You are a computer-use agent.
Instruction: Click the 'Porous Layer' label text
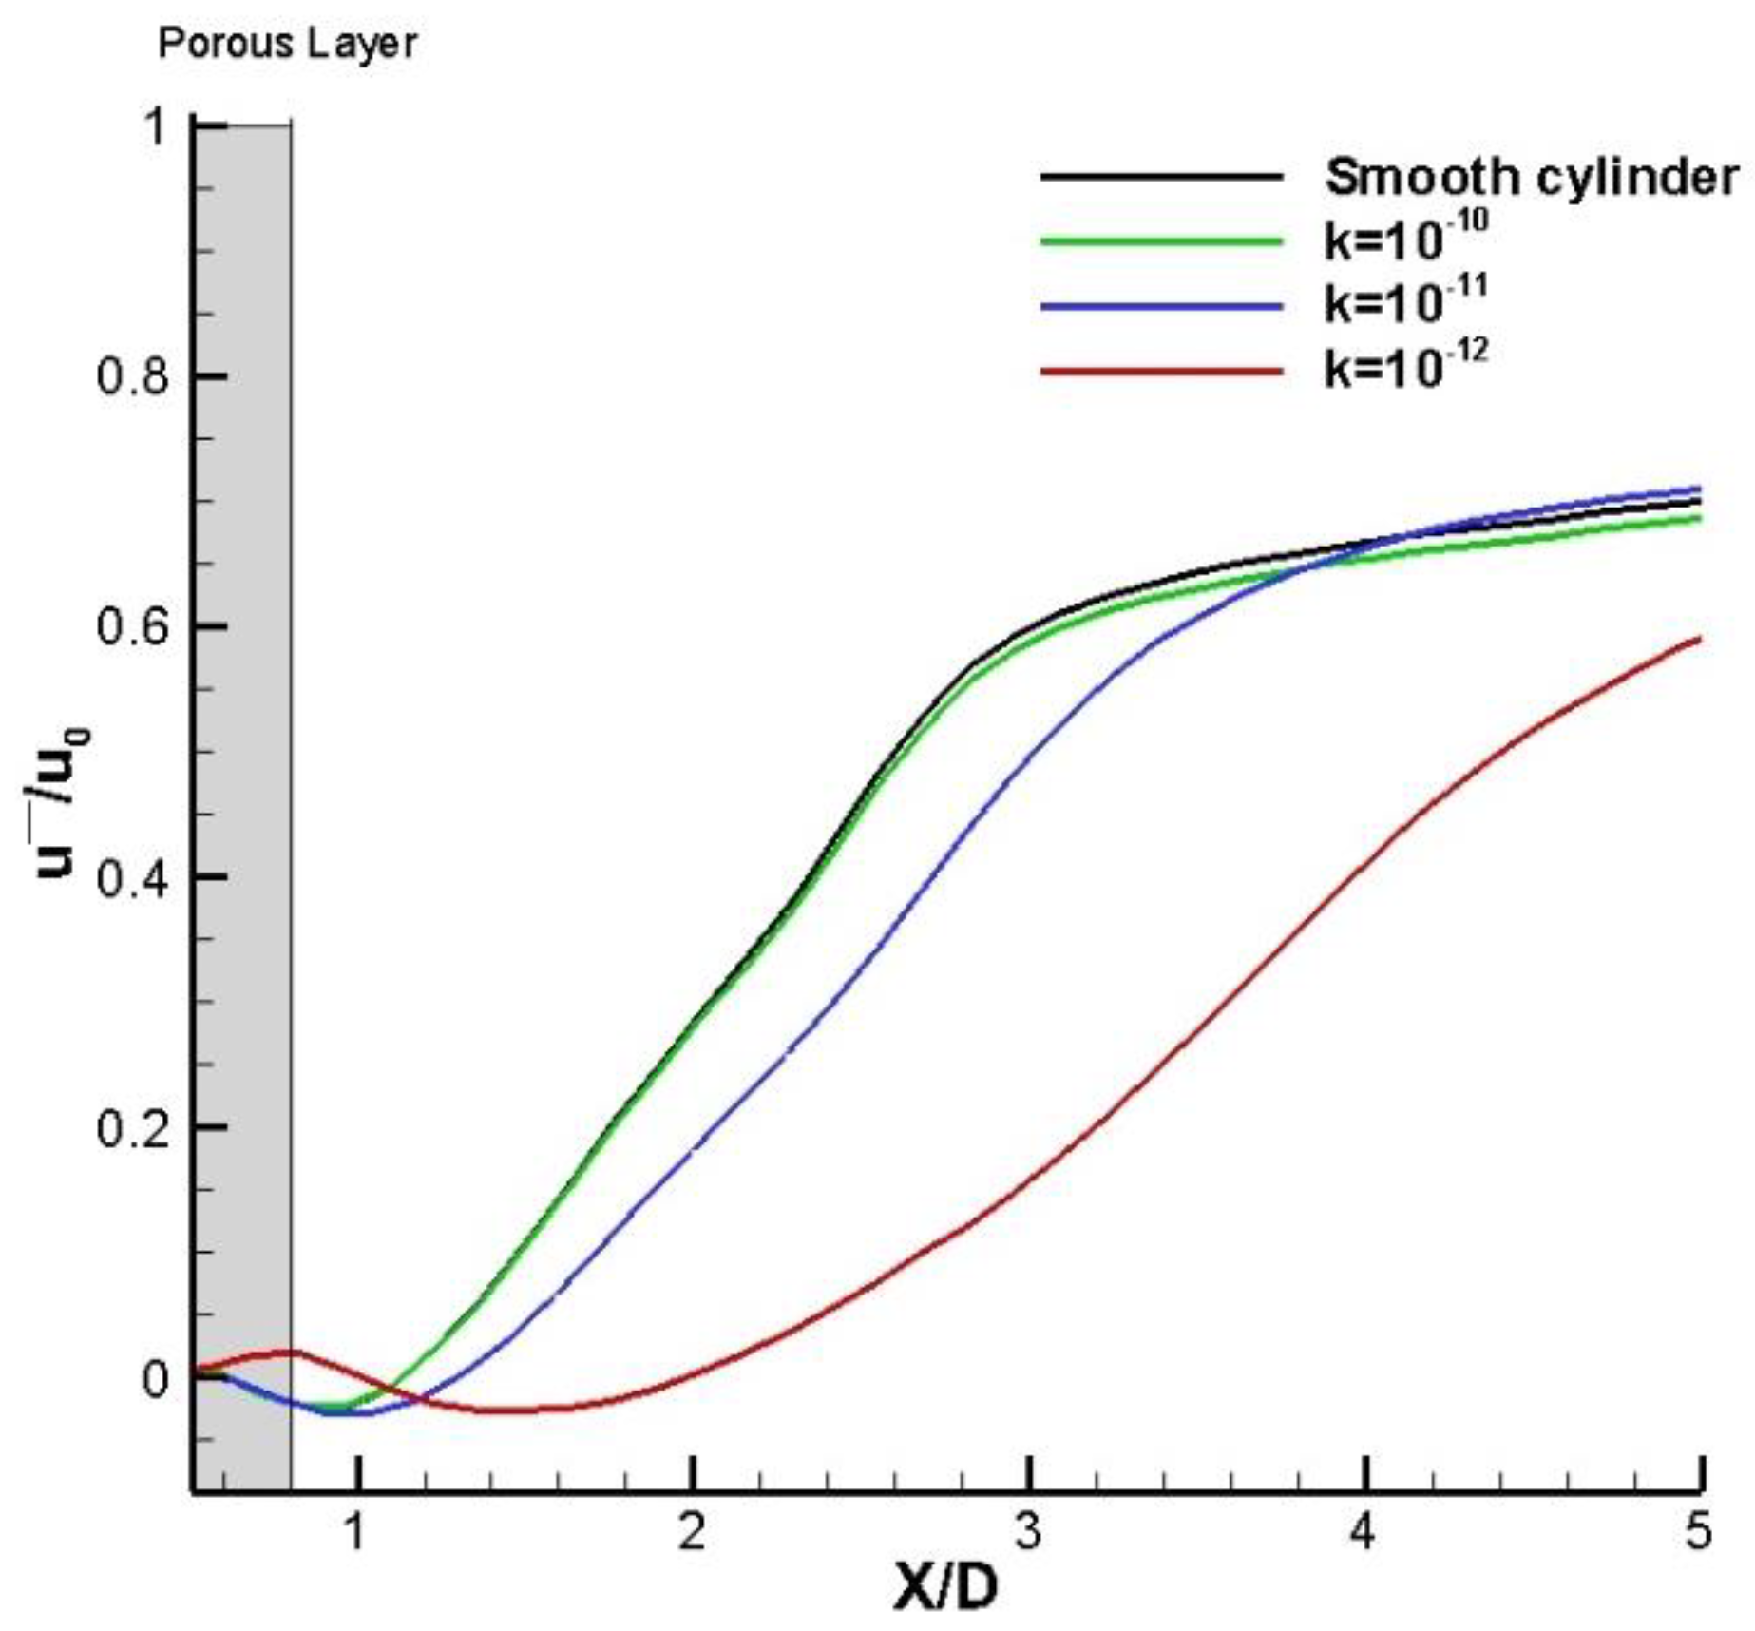pyautogui.click(x=287, y=44)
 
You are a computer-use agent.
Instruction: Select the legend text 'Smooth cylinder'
pyautogui.click(x=1531, y=177)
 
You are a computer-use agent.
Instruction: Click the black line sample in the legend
pyautogui.click(x=1161, y=177)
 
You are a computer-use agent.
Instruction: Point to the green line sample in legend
pyautogui.click(x=1161, y=240)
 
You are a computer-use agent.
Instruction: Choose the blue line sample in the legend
pyautogui.click(x=1161, y=306)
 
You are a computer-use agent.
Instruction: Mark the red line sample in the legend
pyautogui.click(x=1161, y=371)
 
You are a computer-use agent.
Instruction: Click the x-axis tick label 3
pyautogui.click(x=1028, y=1531)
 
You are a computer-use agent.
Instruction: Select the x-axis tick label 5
pyautogui.click(x=1697, y=1531)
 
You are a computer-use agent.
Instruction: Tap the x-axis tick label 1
pyautogui.click(x=355, y=1531)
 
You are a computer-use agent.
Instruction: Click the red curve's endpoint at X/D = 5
pyautogui.click(x=1699, y=639)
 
